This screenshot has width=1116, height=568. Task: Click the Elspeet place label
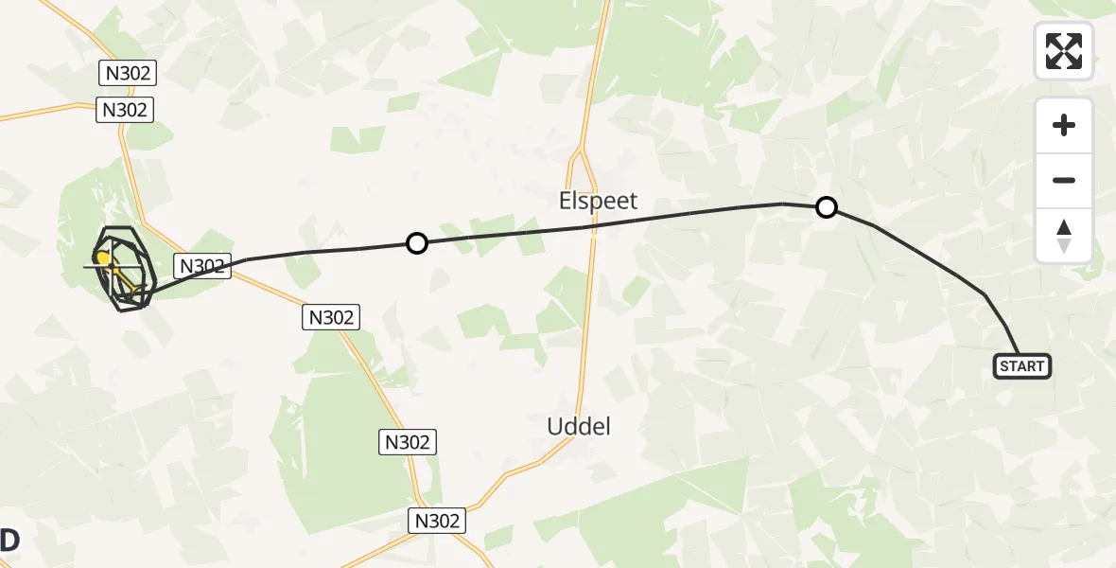pos(599,201)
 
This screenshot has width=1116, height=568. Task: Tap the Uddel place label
pos(579,426)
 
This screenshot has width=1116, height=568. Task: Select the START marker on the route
pos(1021,366)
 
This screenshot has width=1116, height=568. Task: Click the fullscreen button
pos(1064,51)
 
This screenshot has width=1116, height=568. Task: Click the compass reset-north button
pos(1064,236)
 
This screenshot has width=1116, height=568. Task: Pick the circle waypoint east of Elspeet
pos(827,207)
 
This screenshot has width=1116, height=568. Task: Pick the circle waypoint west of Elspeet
pos(417,244)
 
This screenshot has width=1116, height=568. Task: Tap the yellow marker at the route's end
pos(102,257)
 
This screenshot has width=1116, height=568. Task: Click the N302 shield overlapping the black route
pos(202,266)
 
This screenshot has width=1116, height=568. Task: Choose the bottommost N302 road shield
pos(437,520)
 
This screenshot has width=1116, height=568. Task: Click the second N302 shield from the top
pos(126,110)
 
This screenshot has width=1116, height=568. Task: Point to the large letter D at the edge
pos(9,541)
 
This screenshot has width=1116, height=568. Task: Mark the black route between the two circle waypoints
pos(615,223)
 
